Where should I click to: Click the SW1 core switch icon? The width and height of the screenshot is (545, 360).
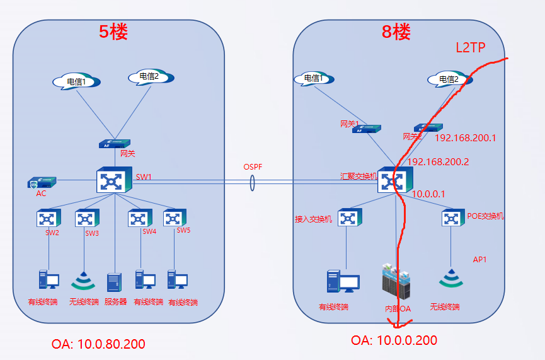tap(115, 180)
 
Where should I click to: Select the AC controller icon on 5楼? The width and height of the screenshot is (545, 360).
tap(42, 183)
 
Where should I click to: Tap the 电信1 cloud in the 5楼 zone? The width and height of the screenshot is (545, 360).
tap(77, 81)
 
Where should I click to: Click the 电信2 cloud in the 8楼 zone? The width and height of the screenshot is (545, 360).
tap(449, 79)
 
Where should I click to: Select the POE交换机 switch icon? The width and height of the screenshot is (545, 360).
tap(454, 218)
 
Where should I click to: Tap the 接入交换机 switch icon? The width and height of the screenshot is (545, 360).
tap(350, 218)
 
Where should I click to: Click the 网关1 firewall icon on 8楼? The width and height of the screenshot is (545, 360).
tap(367, 129)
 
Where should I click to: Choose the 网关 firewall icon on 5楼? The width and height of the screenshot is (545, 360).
tap(115, 144)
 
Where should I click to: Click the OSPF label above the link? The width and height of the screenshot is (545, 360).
tap(253, 167)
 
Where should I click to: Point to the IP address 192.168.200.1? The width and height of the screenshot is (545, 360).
tap(466, 137)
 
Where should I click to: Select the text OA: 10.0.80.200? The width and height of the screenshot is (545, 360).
tap(98, 344)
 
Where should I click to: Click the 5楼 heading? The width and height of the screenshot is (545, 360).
tap(113, 32)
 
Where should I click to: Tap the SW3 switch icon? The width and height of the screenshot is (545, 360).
tap(87, 218)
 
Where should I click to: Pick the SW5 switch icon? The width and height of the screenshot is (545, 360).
tap(175, 218)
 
